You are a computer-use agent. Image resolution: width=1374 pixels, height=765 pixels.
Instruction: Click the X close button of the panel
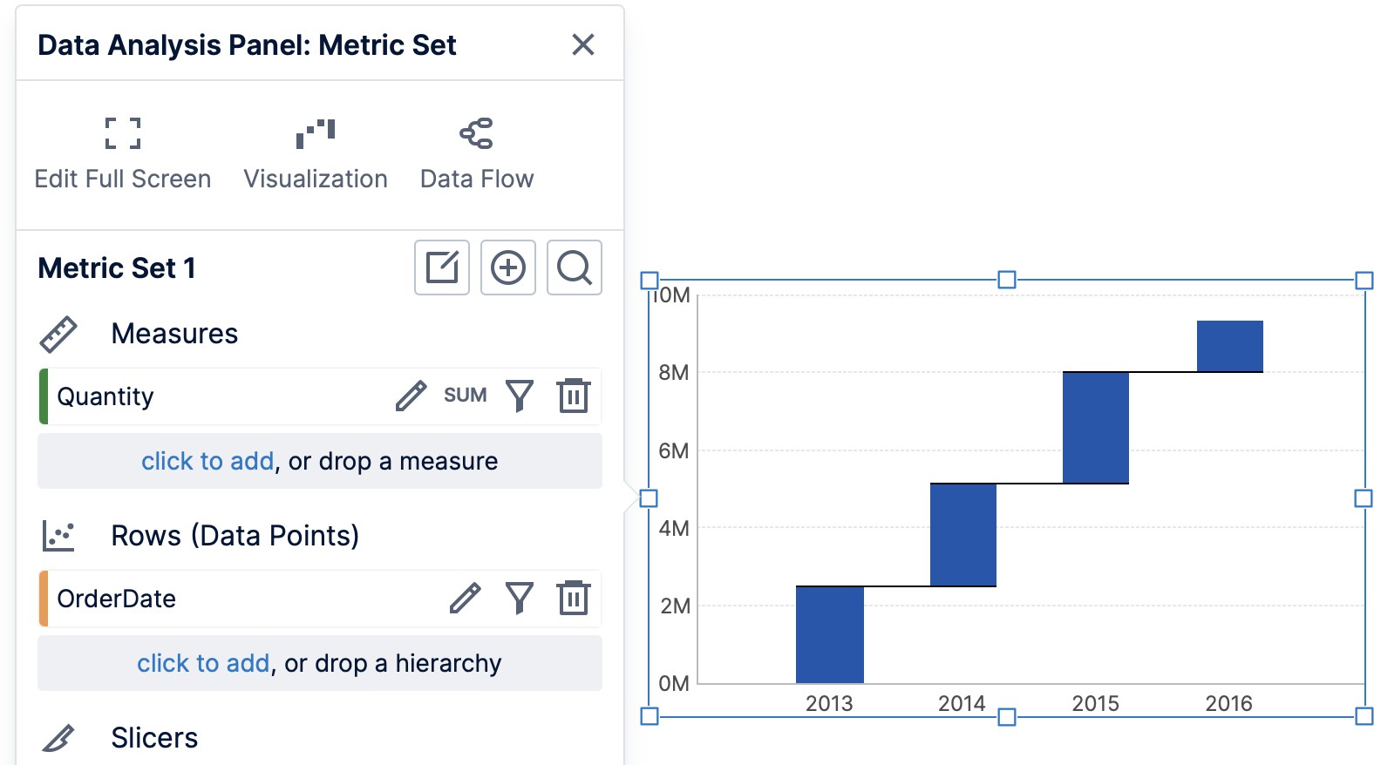(x=582, y=44)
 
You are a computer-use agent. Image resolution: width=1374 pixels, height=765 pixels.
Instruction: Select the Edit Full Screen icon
(x=123, y=133)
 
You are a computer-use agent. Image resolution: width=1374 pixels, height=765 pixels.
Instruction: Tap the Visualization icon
(x=316, y=133)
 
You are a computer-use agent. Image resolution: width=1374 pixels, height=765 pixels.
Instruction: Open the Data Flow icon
(x=477, y=133)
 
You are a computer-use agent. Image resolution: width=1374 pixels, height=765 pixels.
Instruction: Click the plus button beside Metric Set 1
(x=508, y=267)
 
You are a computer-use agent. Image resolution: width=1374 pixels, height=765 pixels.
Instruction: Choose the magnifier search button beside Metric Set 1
(x=575, y=267)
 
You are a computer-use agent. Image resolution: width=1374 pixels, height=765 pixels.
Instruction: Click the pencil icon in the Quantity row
(x=411, y=396)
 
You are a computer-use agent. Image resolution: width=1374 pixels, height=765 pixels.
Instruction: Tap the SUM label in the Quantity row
(x=465, y=396)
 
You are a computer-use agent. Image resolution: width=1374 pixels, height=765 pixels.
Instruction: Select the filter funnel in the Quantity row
(x=520, y=396)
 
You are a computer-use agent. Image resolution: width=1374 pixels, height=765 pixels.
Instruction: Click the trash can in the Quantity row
(x=574, y=396)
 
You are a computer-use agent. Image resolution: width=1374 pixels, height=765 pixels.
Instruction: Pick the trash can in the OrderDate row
(x=574, y=599)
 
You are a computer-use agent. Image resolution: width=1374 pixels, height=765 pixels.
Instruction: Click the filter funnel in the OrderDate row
(x=520, y=599)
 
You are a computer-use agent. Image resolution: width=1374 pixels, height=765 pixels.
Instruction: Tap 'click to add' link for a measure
(x=207, y=461)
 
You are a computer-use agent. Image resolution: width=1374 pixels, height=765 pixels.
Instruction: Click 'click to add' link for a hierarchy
(x=203, y=663)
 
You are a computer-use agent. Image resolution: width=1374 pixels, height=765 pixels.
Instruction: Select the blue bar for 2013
(x=829, y=634)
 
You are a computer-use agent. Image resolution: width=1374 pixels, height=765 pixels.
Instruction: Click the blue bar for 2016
(x=1229, y=346)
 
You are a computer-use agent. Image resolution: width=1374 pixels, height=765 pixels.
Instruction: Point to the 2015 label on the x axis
(x=1095, y=703)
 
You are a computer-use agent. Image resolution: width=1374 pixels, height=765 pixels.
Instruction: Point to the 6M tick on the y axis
(x=674, y=450)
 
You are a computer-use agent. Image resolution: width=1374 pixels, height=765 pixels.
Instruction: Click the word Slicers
(x=154, y=738)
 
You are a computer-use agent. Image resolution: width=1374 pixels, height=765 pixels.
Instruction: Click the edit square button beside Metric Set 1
(x=442, y=267)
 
